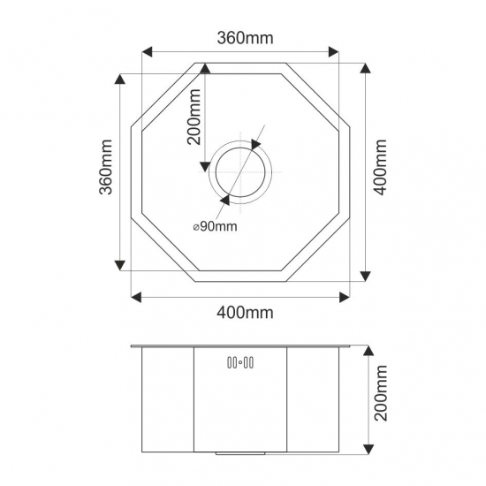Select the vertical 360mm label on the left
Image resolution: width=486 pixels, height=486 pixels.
(105, 168)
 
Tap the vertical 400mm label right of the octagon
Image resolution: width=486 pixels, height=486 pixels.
(382, 168)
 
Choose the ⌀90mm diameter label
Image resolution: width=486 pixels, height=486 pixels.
(215, 226)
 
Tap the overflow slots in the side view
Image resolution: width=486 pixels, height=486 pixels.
(241, 361)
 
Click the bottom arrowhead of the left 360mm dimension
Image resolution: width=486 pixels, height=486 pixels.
(118, 266)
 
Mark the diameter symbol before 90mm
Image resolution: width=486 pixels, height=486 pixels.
(194, 227)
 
